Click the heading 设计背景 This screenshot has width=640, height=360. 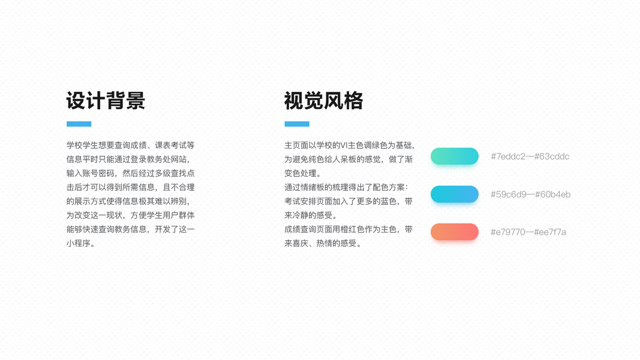[106, 100]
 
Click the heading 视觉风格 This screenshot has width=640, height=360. [324, 100]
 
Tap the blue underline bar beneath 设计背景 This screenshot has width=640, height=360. [79, 124]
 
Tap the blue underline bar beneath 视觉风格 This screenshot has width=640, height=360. [297, 124]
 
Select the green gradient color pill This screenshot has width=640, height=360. [454, 157]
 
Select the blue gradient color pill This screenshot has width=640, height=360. [454, 194]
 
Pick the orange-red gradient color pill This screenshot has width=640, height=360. [454, 232]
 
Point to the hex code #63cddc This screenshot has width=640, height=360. [552, 157]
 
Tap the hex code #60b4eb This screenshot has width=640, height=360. [552, 194]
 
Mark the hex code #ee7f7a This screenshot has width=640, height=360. [550, 232]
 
